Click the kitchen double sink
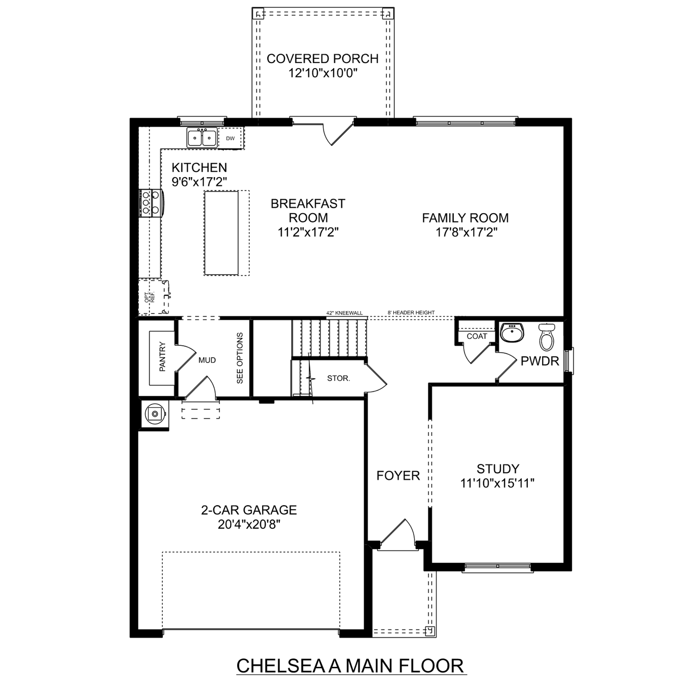click(202, 138)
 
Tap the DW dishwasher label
click(230, 139)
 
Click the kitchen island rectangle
click(221, 233)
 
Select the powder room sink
click(512, 332)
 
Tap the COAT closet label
click(477, 336)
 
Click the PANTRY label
click(162, 357)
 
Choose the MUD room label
click(207, 360)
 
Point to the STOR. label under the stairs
click(338, 378)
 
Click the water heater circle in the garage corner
click(155, 414)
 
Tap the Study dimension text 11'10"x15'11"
click(497, 483)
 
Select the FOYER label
click(398, 476)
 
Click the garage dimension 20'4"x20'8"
click(249, 524)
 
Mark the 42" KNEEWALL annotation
click(345, 313)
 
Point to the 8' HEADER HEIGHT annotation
click(411, 313)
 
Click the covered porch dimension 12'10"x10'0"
click(323, 73)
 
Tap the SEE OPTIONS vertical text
click(240, 358)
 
